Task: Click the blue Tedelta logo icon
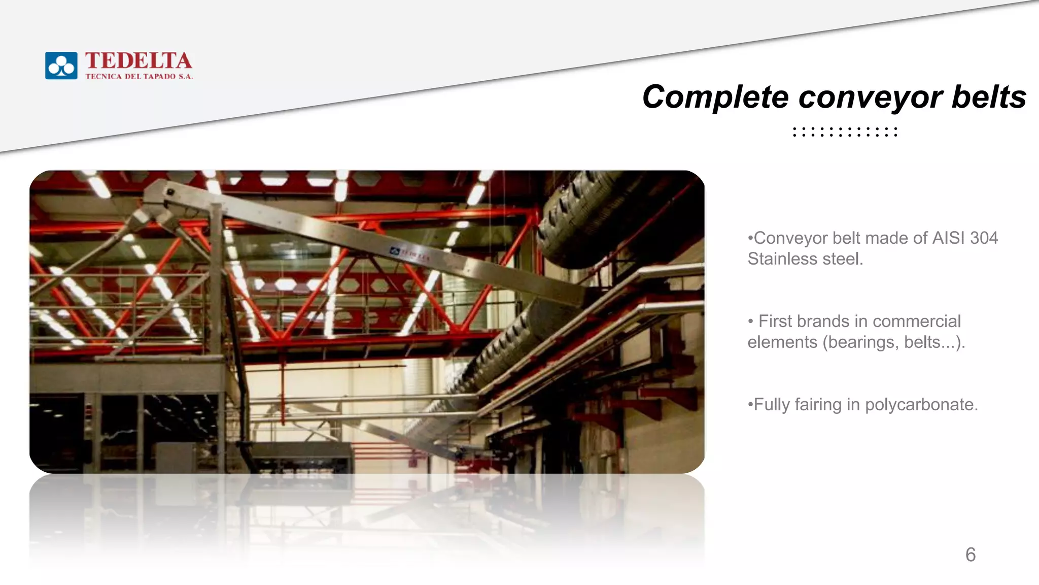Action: click(61, 66)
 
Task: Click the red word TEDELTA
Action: click(138, 61)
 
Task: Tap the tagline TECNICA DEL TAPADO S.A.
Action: click(139, 77)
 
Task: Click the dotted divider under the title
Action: click(845, 132)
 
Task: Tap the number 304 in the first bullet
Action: click(983, 238)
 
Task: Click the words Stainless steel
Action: click(805, 259)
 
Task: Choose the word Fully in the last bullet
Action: click(772, 405)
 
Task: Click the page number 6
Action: click(971, 555)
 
